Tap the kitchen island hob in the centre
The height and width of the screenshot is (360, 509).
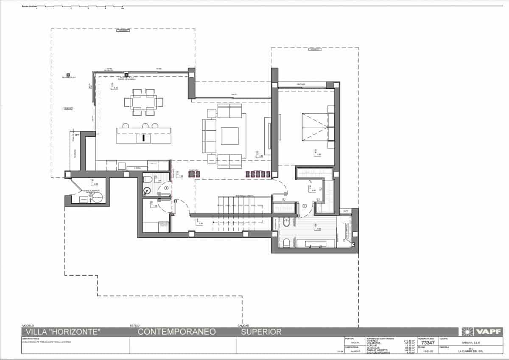click(144, 138)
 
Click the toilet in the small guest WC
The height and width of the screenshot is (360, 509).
click(148, 179)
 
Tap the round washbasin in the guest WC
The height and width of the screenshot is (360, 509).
click(147, 191)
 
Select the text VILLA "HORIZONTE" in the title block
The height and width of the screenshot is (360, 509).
click(63, 332)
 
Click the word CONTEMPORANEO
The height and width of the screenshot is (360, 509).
click(177, 332)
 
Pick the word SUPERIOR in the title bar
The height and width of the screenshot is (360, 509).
click(261, 332)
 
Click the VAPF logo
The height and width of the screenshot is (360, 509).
click(483, 332)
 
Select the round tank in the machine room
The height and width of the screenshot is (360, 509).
click(97, 198)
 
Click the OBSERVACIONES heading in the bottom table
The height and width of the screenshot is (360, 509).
click(31, 338)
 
